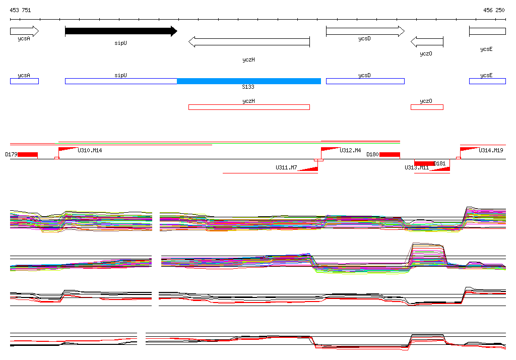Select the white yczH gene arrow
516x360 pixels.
249,42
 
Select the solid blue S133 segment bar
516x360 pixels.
249,81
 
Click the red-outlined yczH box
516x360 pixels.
249,107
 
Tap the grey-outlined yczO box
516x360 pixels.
427,107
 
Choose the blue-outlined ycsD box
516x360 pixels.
365,81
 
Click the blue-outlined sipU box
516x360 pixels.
121,81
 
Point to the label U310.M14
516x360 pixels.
90,150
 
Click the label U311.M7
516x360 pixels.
286,167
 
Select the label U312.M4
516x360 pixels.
350,150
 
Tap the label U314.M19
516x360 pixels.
491,150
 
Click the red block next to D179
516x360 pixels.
28,154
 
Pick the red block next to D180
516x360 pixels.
390,154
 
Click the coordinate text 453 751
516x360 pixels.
20,10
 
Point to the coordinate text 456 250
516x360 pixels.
494,10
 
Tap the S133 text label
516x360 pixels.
248,87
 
